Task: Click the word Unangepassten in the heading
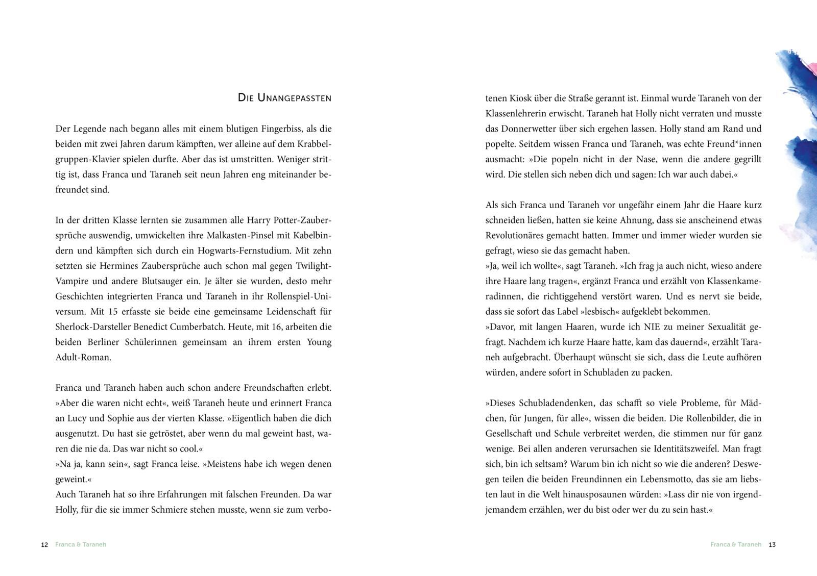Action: [294, 98]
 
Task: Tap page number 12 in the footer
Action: [44, 545]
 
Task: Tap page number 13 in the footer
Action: [772, 545]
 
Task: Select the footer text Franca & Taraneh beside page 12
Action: [81, 545]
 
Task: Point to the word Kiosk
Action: [522, 98]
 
